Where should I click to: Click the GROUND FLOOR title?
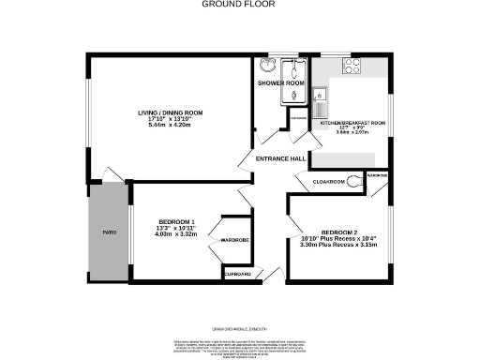(239, 4)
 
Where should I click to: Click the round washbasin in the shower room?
(265, 66)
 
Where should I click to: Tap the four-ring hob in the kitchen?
(352, 66)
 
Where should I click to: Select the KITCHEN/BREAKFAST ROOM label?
(354, 123)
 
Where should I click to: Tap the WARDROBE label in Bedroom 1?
(234, 240)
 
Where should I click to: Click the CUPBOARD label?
(237, 274)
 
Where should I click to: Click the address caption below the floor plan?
(239, 328)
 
